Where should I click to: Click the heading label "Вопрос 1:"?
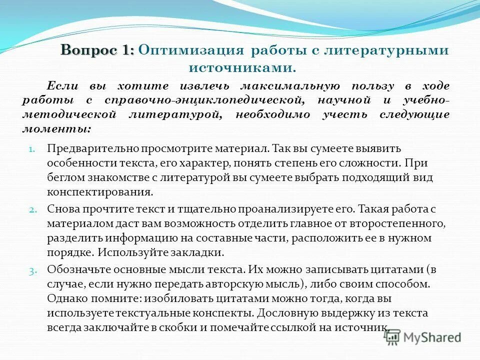pyautogui.click(x=97, y=50)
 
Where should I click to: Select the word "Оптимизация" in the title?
pyautogui.click(x=191, y=50)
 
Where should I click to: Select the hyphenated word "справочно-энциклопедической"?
pyautogui.click(x=201, y=100)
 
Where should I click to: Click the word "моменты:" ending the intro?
pyautogui.click(x=56, y=128)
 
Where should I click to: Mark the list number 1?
pyautogui.click(x=30, y=149)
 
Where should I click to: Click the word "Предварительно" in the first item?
pyautogui.click(x=88, y=148)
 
